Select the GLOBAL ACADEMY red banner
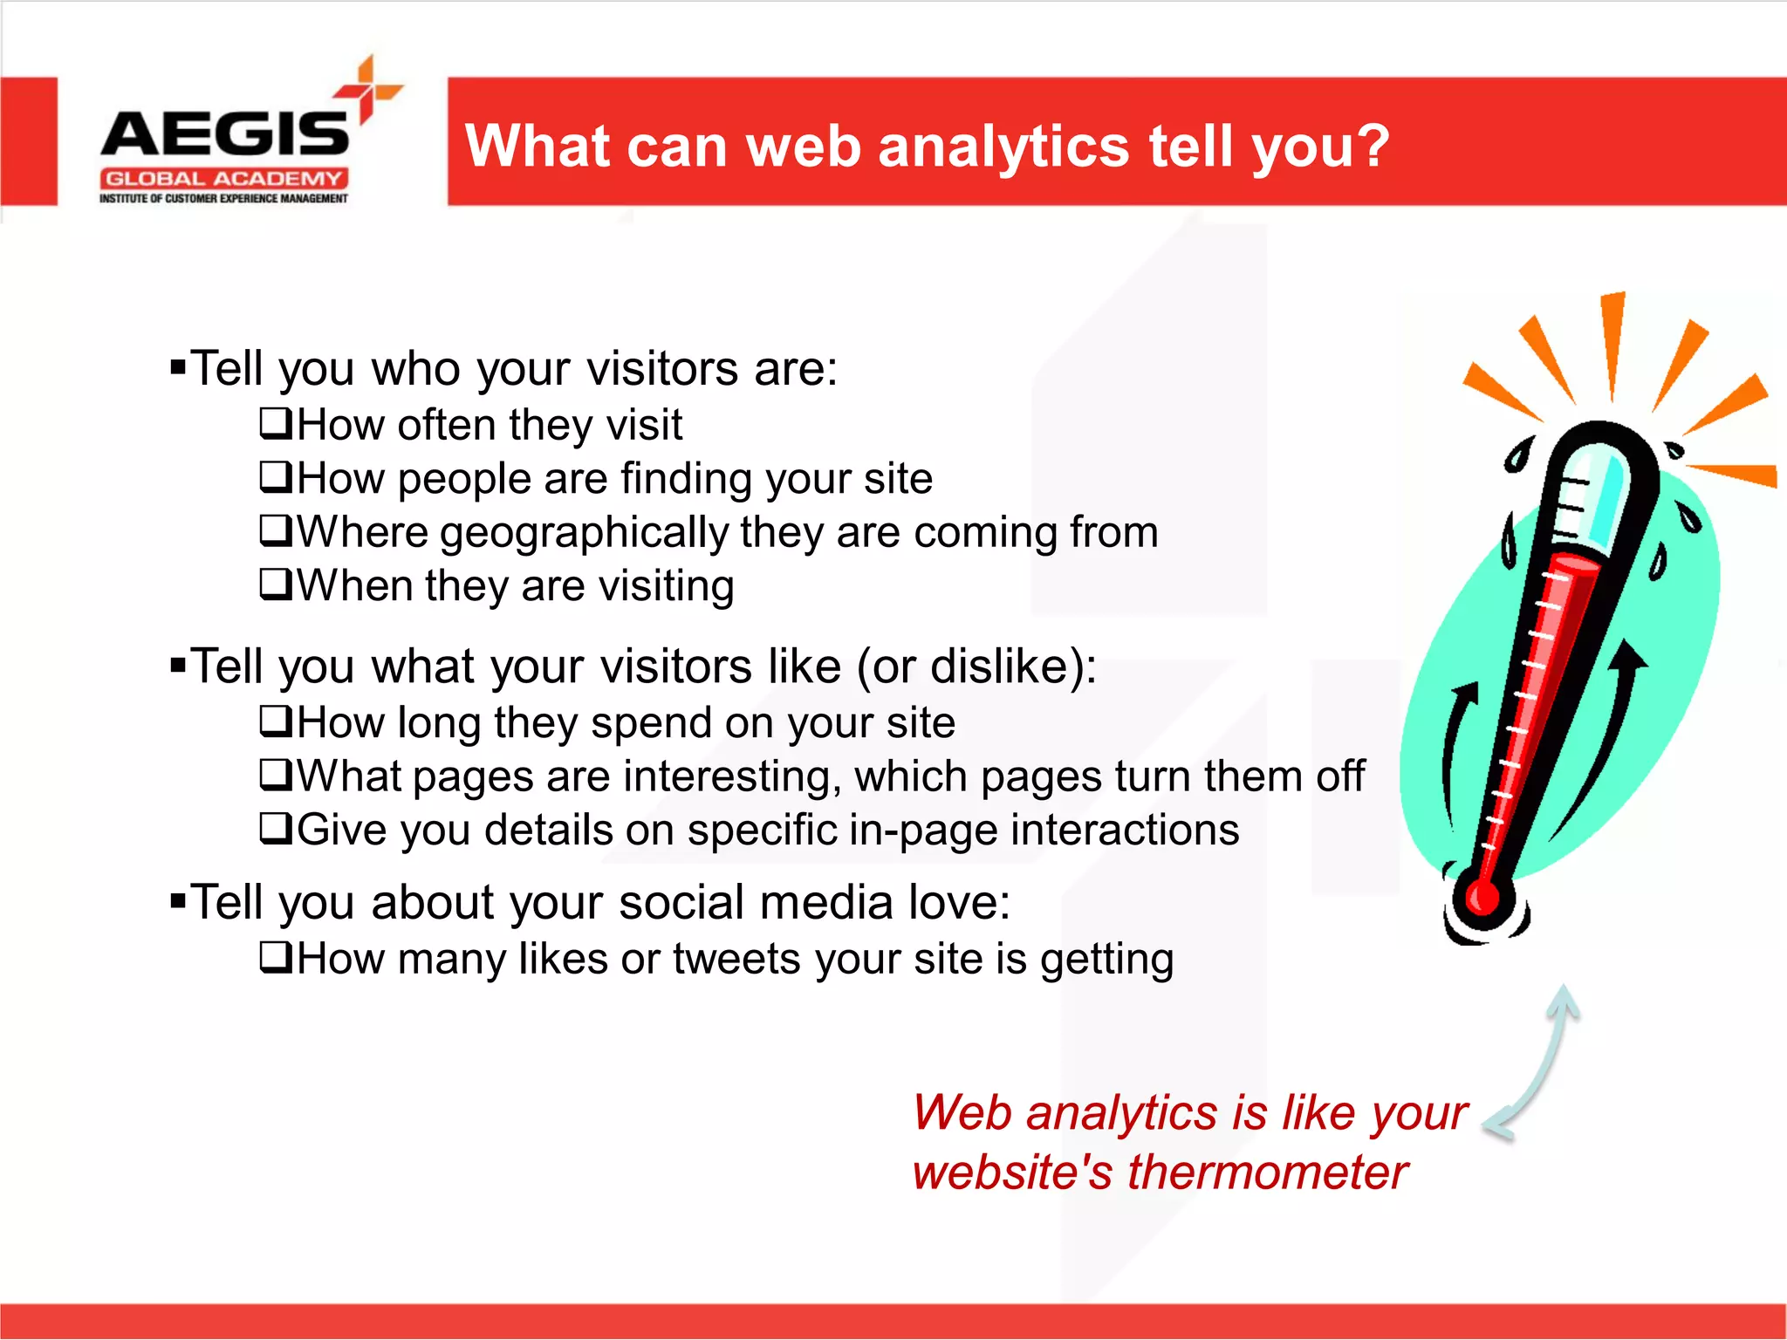[224, 179]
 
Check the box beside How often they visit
[276, 424]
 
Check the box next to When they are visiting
[276, 585]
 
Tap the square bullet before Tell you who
[178, 366]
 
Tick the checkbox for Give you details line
[276, 828]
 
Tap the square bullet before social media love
[178, 900]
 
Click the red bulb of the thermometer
[1482, 896]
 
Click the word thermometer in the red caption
[1267, 1172]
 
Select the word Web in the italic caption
[962, 1113]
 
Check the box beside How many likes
[276, 958]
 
